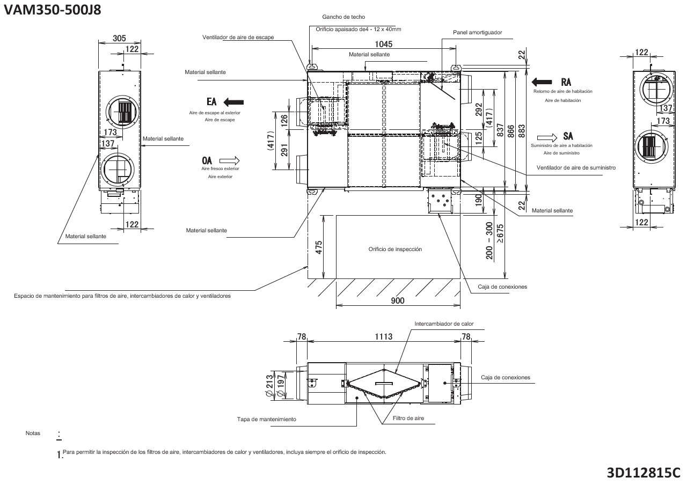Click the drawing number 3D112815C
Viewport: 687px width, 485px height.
(643, 473)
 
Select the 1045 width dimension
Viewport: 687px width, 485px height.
(384, 45)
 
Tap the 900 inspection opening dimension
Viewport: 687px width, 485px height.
(397, 300)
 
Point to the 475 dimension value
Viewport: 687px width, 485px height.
(318, 247)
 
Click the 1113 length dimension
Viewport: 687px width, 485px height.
(383, 337)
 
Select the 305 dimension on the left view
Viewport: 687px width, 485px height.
(119, 39)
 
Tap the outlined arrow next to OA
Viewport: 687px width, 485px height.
(229, 160)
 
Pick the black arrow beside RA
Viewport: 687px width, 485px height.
(542, 82)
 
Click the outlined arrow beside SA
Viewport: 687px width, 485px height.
(547, 136)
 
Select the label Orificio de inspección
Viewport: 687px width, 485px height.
(395, 249)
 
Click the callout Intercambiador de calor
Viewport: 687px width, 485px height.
(444, 324)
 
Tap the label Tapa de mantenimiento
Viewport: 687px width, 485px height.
(266, 419)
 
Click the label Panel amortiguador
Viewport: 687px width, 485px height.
(477, 32)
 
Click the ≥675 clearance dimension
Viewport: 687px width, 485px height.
(500, 234)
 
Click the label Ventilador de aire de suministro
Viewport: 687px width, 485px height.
(576, 168)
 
